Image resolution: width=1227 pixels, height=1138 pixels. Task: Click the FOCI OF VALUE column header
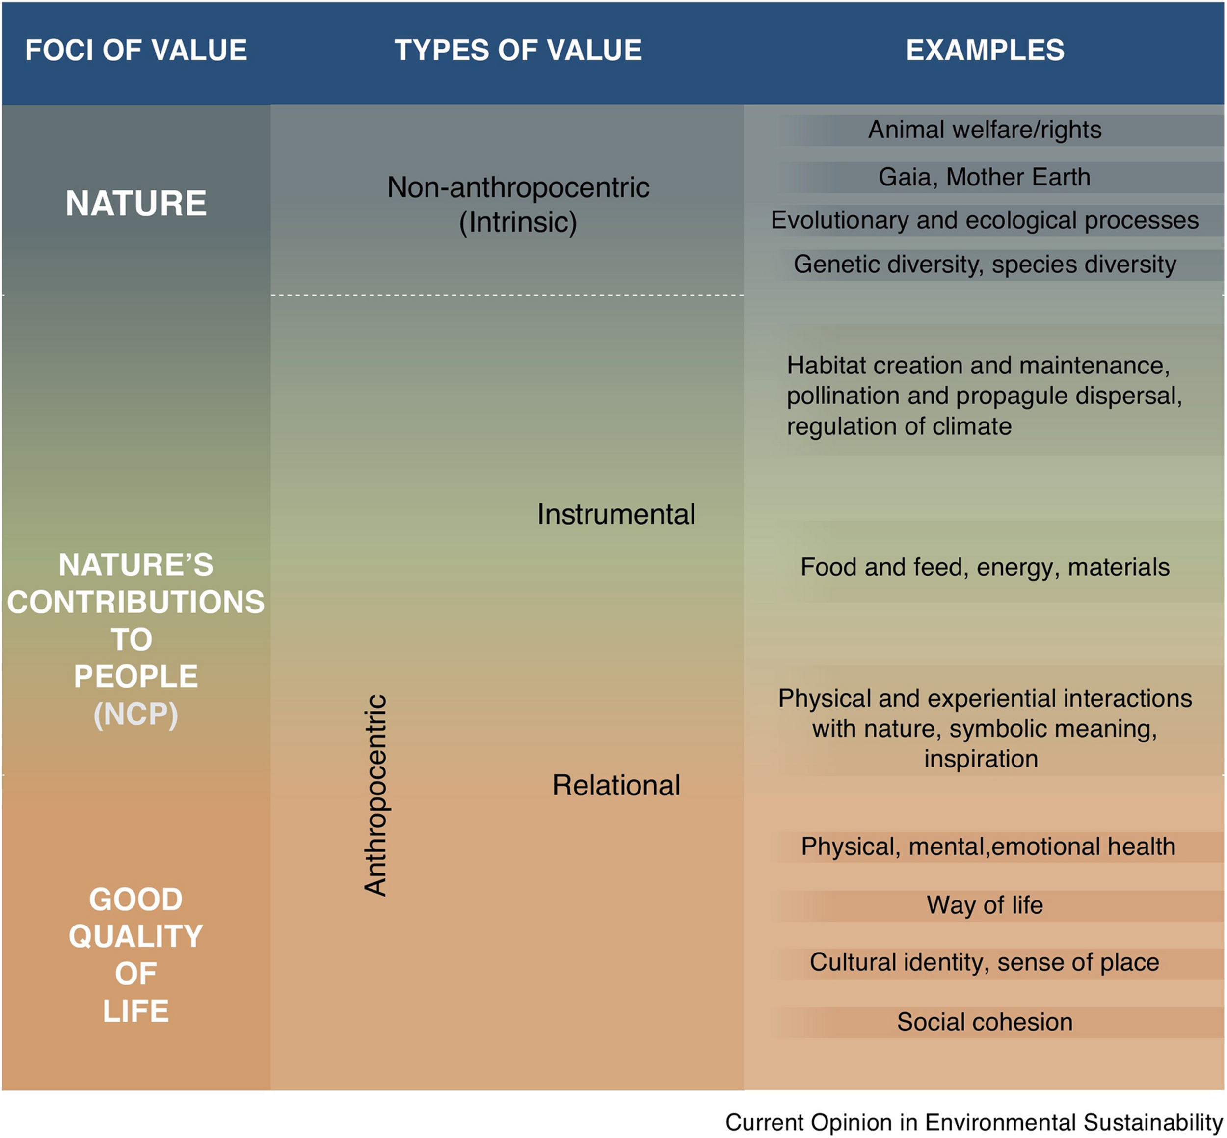click(135, 50)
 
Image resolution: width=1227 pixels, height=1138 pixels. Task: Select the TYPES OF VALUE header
click(518, 50)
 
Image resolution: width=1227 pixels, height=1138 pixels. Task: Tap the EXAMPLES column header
click(985, 50)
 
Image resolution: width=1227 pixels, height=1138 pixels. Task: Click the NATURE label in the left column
click(135, 203)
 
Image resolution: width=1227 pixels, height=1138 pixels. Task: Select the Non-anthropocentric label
click(518, 187)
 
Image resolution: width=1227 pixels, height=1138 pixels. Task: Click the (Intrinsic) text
click(518, 222)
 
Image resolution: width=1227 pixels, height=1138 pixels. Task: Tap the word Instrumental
click(616, 514)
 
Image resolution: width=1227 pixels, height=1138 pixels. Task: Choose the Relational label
click(616, 785)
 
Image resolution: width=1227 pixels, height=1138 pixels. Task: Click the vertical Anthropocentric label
click(375, 794)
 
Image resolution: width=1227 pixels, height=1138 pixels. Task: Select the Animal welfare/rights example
click(985, 130)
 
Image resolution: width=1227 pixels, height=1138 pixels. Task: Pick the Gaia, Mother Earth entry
click(985, 177)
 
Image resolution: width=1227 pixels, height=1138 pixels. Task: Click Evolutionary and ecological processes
click(985, 220)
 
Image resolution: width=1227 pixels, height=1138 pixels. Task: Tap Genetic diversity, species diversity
click(985, 264)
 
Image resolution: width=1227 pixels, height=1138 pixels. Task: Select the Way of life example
click(985, 905)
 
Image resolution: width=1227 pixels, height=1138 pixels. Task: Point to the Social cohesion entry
click(985, 1022)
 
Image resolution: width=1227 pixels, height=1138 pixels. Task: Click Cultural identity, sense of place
click(985, 962)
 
